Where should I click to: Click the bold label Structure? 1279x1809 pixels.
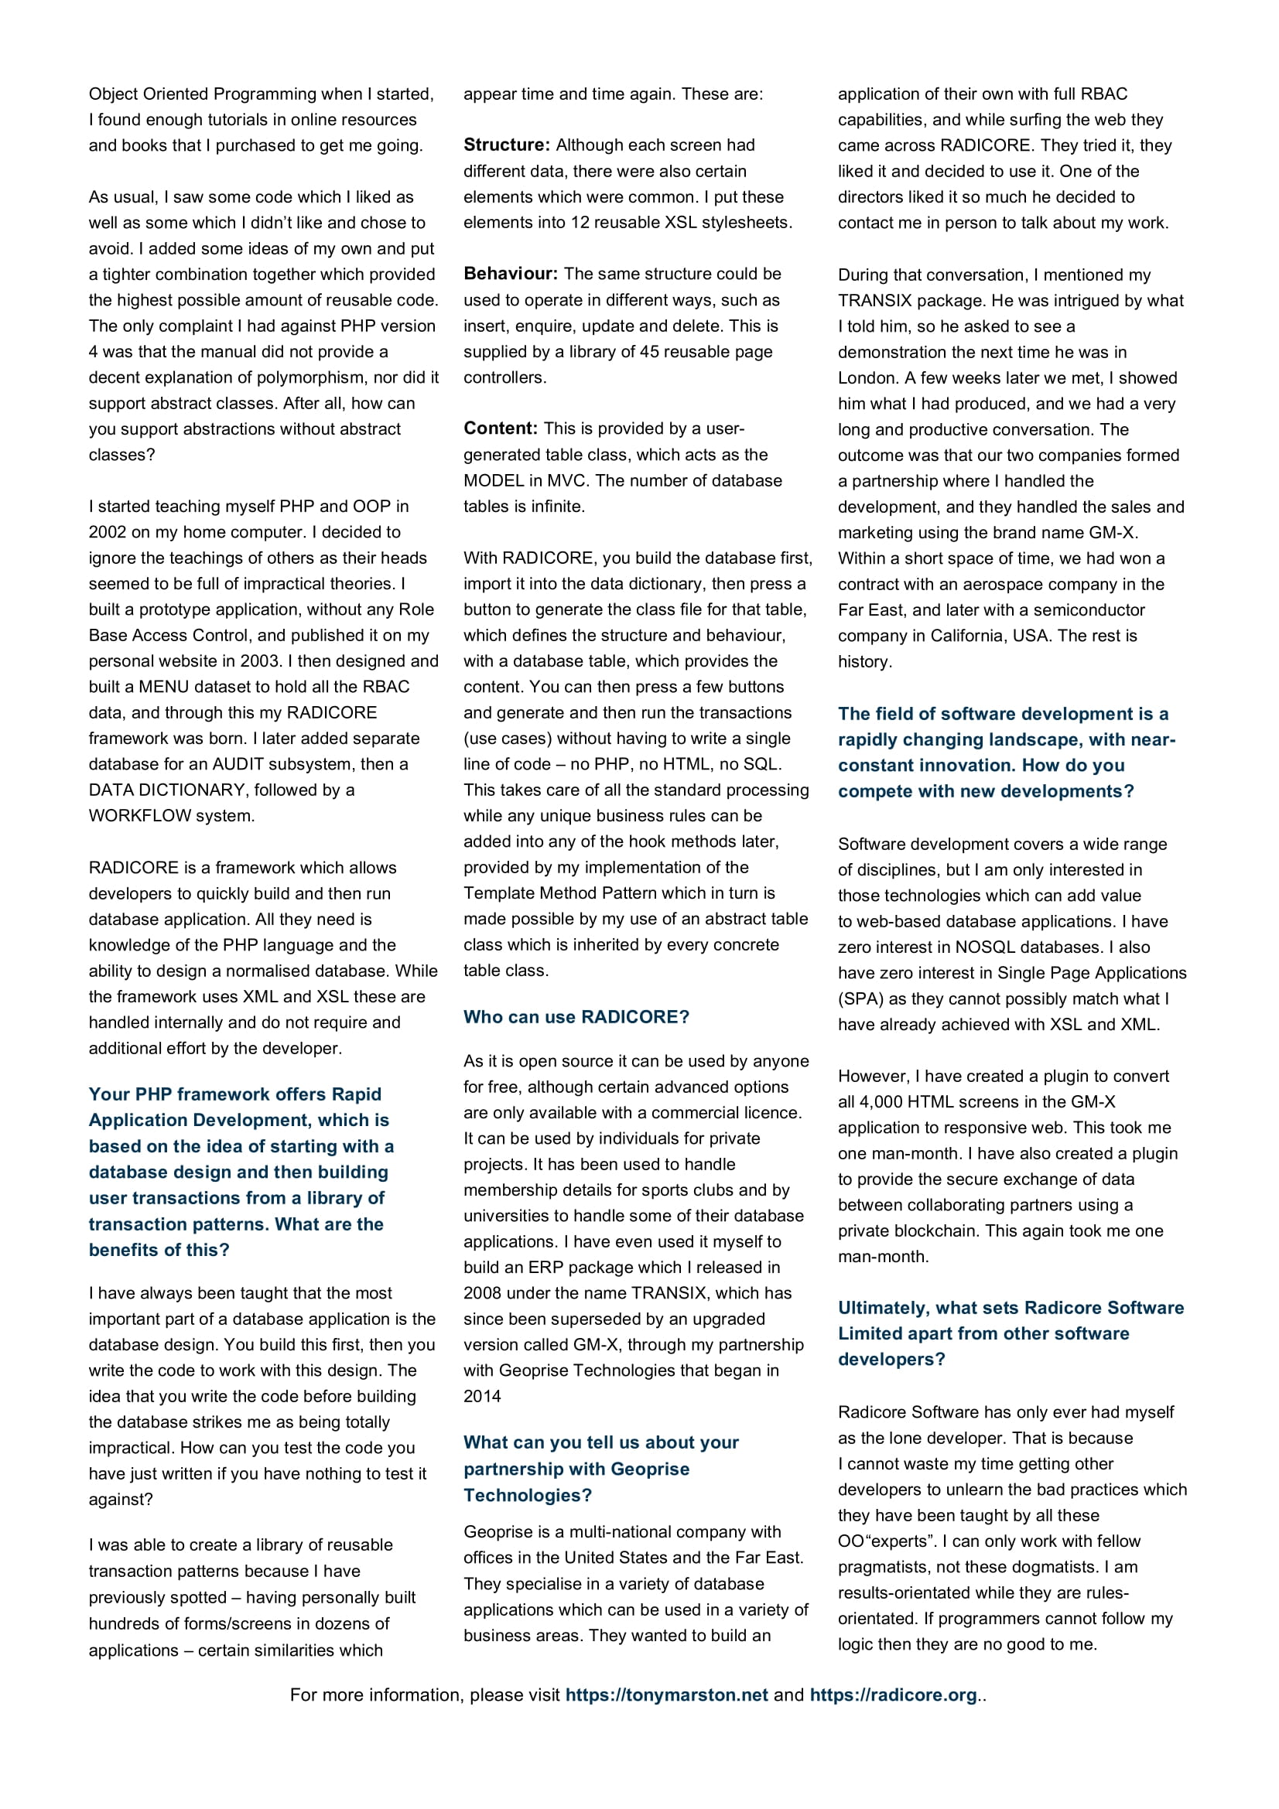(x=507, y=145)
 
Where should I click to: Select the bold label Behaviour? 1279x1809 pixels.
(x=510, y=273)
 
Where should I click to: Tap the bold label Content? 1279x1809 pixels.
(x=501, y=428)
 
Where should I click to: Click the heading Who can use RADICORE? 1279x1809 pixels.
(x=576, y=1017)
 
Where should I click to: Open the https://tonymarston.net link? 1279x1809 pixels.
(x=666, y=1695)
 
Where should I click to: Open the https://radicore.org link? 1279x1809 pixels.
(x=893, y=1695)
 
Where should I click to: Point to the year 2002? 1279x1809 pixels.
(x=108, y=532)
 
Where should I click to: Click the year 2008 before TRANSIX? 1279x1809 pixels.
(x=482, y=1293)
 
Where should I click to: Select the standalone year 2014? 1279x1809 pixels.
(x=482, y=1396)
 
